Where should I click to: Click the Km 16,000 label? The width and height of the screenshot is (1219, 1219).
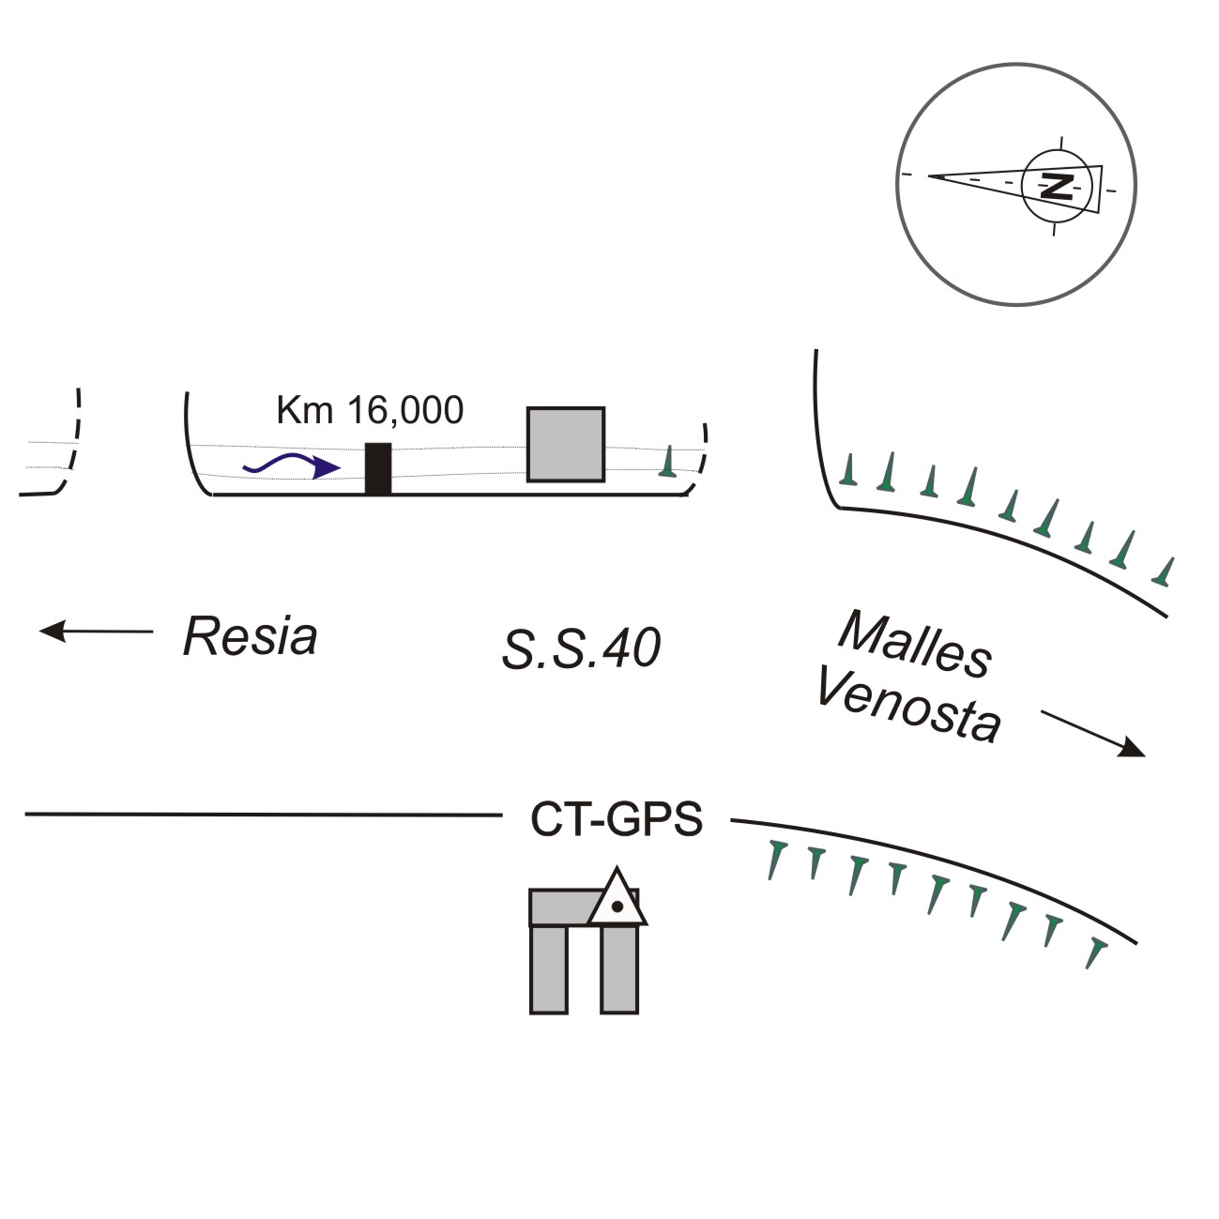click(x=370, y=411)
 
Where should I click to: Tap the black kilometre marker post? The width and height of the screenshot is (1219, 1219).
click(x=377, y=468)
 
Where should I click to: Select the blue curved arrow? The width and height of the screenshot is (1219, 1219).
click(x=291, y=465)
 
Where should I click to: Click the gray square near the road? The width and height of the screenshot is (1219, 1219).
click(x=565, y=444)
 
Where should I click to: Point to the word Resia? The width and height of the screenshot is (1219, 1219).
click(x=250, y=636)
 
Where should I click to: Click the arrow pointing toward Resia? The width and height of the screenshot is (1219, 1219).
click(x=95, y=632)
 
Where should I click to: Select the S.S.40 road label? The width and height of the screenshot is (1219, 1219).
click(x=581, y=648)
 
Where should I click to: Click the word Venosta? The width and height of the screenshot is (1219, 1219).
click(x=907, y=705)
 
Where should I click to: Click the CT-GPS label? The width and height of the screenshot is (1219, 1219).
click(x=617, y=819)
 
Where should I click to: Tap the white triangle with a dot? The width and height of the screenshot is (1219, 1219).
click(x=617, y=901)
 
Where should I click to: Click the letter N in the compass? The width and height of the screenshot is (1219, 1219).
click(x=1058, y=186)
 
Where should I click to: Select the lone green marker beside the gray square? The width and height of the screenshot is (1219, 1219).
click(x=667, y=461)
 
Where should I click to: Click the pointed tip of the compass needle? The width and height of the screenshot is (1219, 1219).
click(x=932, y=175)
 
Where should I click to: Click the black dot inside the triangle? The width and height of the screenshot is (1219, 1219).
click(x=617, y=907)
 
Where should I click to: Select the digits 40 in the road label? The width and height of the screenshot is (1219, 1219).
click(x=632, y=648)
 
